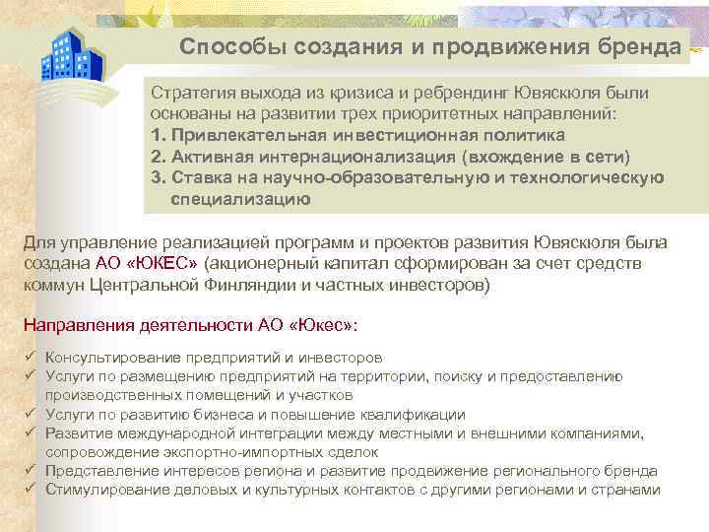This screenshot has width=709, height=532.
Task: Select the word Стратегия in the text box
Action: (193, 91)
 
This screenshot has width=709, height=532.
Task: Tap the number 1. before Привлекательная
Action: (158, 136)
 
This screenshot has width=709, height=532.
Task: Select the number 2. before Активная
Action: (158, 157)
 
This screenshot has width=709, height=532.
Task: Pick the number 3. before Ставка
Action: (158, 177)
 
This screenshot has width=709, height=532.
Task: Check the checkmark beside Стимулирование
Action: (31, 489)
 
